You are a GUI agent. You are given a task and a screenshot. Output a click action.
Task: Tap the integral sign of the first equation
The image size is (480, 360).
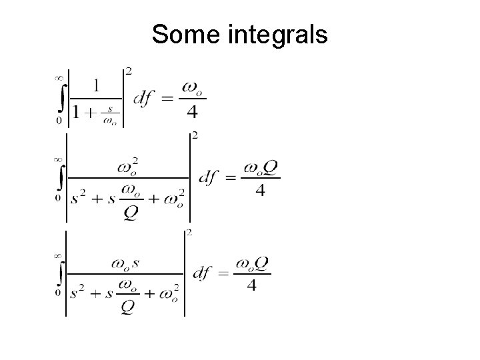[x=60, y=99]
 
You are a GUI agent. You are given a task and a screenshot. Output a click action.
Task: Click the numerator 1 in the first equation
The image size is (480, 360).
[x=97, y=85]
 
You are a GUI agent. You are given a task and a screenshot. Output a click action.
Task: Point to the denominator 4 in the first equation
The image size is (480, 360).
[x=192, y=113]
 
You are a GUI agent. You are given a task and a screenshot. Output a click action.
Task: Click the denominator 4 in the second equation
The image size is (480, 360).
[x=260, y=191]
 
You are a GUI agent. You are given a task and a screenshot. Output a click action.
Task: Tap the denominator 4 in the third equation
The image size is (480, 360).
[x=251, y=286]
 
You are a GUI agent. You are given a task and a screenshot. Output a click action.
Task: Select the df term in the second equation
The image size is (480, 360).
[x=210, y=178]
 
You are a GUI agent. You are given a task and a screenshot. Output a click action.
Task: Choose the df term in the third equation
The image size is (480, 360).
[x=203, y=273]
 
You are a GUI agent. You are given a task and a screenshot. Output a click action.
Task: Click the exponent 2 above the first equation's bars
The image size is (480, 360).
[x=128, y=71]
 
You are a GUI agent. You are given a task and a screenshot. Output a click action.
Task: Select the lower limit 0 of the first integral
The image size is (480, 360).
[x=59, y=121]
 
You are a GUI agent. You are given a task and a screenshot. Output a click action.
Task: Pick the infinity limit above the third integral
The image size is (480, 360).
[x=59, y=255]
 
